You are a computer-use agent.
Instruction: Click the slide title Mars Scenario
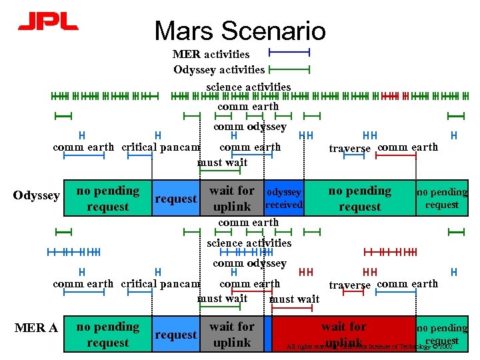pyautogui.click(x=240, y=31)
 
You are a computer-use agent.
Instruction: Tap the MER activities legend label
pyautogui.click(x=211, y=54)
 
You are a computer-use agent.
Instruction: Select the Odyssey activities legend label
pyautogui.click(x=219, y=69)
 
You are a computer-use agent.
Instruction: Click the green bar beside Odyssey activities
pyautogui.click(x=289, y=69)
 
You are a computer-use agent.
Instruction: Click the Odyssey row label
pyautogui.click(x=37, y=195)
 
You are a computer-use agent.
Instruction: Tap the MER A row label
pyautogui.click(x=36, y=328)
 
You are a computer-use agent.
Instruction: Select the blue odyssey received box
pyautogui.click(x=284, y=198)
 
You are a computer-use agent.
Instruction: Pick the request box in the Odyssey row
pyautogui.click(x=175, y=199)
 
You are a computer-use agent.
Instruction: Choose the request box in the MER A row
pyautogui.click(x=175, y=335)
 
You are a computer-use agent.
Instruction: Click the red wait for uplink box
pyautogui.click(x=343, y=333)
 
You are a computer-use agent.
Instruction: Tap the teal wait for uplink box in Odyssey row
pyautogui.click(x=231, y=199)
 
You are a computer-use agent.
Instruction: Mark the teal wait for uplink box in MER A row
pyautogui.click(x=231, y=335)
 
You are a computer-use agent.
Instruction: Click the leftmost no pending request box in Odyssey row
pyautogui.click(x=107, y=199)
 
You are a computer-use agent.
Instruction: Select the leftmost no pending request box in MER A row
pyautogui.click(x=107, y=335)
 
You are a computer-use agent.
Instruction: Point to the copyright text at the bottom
pyautogui.click(x=369, y=347)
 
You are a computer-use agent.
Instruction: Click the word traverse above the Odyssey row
pyautogui.click(x=350, y=149)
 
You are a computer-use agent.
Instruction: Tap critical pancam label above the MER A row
pyautogui.click(x=161, y=284)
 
